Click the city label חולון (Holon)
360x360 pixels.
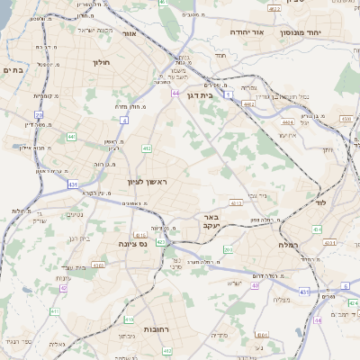[x=100, y=63]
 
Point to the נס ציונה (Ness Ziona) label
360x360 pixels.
[x=132, y=243]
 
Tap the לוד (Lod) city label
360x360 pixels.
[x=320, y=203]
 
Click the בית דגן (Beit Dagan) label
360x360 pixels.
[x=199, y=94]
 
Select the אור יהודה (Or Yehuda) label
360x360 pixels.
[x=245, y=31]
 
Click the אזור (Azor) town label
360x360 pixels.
[x=129, y=32]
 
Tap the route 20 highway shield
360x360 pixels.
[x=39, y=115]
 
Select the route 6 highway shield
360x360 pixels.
[x=345, y=286]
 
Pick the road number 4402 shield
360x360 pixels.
[x=249, y=104]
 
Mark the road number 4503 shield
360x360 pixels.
[x=346, y=118]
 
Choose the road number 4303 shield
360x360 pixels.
[x=98, y=265]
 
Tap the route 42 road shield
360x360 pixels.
[x=62, y=289]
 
